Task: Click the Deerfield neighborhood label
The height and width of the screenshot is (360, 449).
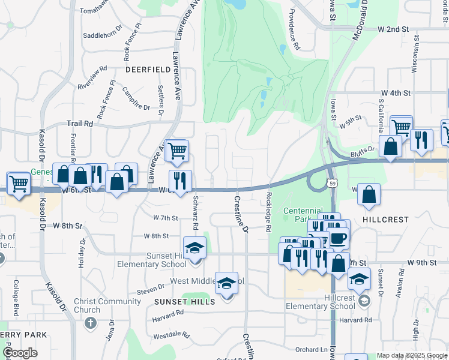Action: (x=148, y=70)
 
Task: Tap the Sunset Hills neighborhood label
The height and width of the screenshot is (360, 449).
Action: (x=184, y=302)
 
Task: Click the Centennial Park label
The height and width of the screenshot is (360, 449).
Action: (x=307, y=211)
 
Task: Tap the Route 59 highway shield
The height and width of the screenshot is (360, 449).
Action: (x=332, y=181)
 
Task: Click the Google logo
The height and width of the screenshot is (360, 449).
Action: (x=20, y=353)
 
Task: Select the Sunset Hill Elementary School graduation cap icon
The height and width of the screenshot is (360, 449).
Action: (x=194, y=248)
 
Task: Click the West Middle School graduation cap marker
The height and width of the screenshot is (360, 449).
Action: (x=227, y=284)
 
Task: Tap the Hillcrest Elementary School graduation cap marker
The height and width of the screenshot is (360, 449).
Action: (x=359, y=279)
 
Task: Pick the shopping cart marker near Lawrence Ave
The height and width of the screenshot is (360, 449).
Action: (x=176, y=151)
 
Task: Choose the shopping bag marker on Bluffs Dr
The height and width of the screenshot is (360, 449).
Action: (x=390, y=147)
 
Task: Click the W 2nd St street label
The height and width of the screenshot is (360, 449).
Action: (x=393, y=29)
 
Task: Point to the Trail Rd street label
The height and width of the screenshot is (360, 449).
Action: (x=80, y=123)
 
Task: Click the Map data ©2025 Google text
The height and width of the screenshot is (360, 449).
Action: (x=411, y=355)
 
